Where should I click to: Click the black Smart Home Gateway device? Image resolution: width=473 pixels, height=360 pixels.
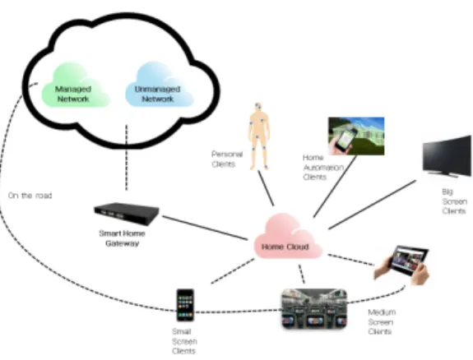coord(127,214)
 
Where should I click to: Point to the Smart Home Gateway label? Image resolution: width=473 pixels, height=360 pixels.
coord(123,238)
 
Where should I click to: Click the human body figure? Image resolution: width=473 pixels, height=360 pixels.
coord(259,136)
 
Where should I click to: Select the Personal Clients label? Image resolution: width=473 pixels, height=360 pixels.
coord(227,159)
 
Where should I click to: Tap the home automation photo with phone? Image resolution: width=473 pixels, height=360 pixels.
coord(356,136)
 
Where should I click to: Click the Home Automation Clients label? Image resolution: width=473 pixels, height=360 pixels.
coord(323,168)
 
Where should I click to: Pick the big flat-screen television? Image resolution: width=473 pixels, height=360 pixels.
coord(447,156)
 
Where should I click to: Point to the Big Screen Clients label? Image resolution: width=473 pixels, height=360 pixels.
coord(454,201)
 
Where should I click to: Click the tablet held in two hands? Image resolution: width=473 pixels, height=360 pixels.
coord(402,265)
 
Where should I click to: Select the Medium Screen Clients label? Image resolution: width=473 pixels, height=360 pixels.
coord(382,321)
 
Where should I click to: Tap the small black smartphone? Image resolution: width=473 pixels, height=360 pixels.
coord(185,305)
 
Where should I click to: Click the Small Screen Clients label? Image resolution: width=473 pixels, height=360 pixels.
coord(184,341)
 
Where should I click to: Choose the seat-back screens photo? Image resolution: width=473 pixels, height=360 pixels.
coord(314,308)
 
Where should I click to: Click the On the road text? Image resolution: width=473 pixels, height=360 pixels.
coord(30,196)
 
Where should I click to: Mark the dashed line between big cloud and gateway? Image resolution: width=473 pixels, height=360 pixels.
coord(127,157)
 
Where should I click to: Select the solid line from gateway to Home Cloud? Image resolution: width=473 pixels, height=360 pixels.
coord(205,228)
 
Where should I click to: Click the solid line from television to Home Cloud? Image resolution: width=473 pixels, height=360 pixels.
coord(373,205)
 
